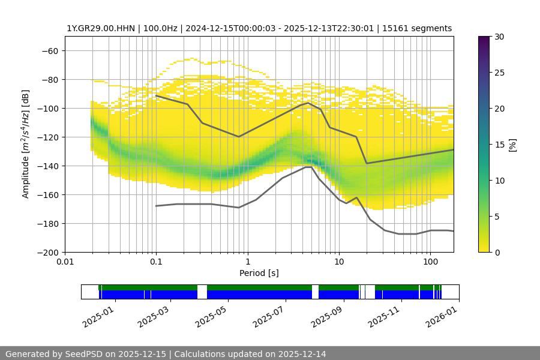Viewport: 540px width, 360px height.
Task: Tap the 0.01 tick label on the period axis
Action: point(65,262)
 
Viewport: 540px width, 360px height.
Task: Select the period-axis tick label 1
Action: point(248,262)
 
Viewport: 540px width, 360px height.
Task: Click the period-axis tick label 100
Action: point(430,262)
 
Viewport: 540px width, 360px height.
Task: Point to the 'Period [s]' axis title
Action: point(259,274)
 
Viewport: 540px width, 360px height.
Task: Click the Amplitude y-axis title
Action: point(26,144)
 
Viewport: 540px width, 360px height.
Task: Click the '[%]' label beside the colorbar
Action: point(512,145)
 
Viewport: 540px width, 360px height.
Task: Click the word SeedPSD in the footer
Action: point(86,354)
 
